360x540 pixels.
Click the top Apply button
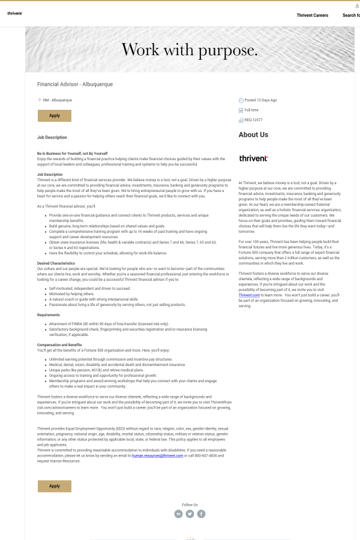pos(55,116)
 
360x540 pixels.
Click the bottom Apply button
pos(55,486)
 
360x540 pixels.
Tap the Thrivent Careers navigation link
pos(312,15)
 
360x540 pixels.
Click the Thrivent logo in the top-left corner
pos(14,13)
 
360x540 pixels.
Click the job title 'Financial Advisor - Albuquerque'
pos(75,85)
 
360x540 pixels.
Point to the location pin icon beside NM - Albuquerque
pos(40,100)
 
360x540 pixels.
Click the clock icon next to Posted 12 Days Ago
pos(241,100)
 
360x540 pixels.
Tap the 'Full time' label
pos(251,110)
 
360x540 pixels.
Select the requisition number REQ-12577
pos(253,120)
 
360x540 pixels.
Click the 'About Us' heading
pos(253,135)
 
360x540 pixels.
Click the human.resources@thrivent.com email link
pos(157,456)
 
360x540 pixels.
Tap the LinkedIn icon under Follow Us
pos(178,514)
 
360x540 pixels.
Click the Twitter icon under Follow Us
pos(190,514)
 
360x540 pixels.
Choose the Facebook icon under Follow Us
pos(201,514)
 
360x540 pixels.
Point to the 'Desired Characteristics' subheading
pos(56,263)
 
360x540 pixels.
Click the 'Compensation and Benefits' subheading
pos(59,345)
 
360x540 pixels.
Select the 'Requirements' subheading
pos(48,314)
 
